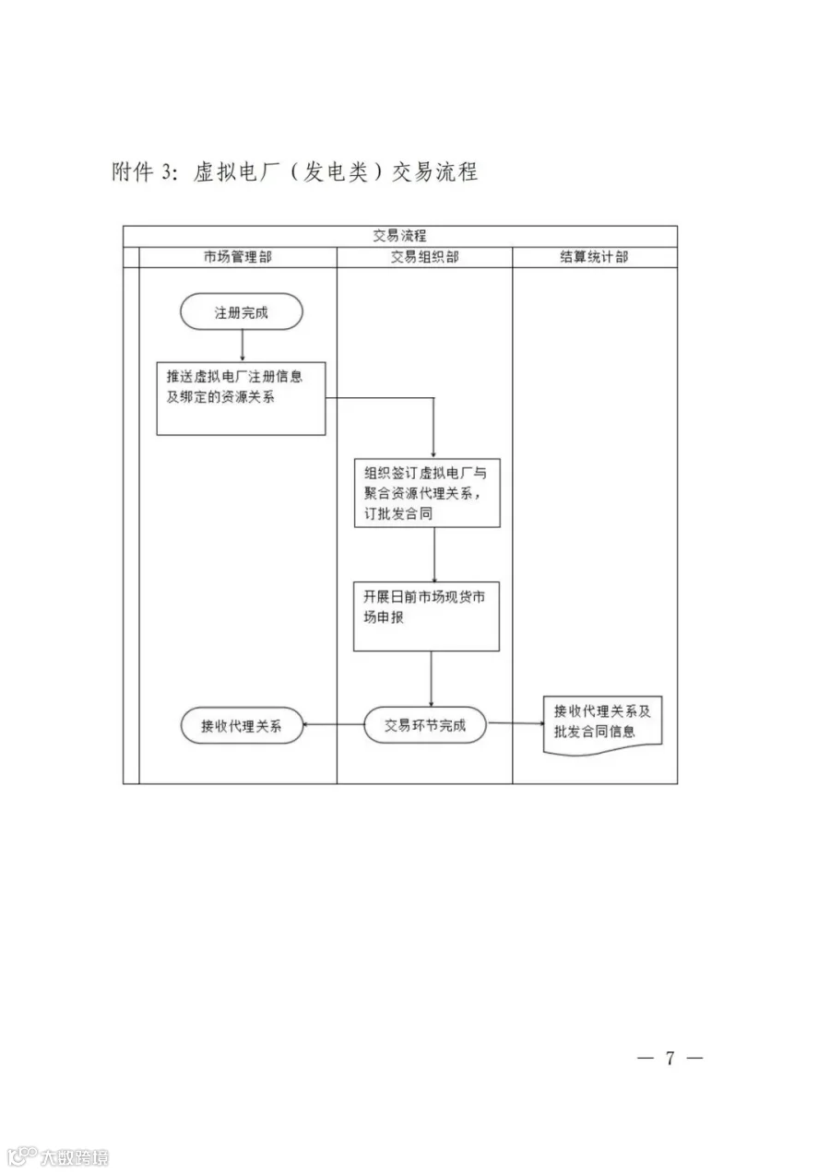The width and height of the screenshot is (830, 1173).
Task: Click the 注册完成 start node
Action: pyautogui.click(x=241, y=311)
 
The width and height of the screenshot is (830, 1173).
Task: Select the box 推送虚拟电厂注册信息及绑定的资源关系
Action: pyautogui.click(x=241, y=398)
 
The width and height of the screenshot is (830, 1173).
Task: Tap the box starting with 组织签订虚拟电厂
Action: pyautogui.click(x=427, y=493)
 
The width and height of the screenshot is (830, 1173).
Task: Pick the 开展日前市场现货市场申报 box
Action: pyautogui.click(x=426, y=616)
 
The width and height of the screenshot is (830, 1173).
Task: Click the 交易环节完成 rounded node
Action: pyautogui.click(x=425, y=725)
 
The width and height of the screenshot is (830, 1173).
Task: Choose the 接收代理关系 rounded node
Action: pyautogui.click(x=242, y=725)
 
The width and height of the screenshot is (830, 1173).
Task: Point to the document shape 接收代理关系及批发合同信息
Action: pyautogui.click(x=602, y=725)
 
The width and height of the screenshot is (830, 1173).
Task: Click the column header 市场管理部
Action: pyautogui.click(x=238, y=257)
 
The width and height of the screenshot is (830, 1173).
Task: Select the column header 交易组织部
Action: pyautogui.click(x=424, y=257)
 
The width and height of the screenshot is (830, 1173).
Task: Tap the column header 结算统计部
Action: pyautogui.click(x=594, y=257)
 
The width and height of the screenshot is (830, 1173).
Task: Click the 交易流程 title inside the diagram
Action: pyautogui.click(x=400, y=236)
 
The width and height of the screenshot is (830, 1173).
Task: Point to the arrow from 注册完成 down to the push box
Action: pyautogui.click(x=242, y=346)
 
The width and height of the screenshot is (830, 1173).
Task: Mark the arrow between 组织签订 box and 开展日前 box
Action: pyautogui.click(x=433, y=555)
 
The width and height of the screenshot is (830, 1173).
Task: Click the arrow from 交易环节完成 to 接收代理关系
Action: pyautogui.click(x=333, y=725)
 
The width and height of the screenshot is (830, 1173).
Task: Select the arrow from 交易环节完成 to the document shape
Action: pyautogui.click(x=516, y=723)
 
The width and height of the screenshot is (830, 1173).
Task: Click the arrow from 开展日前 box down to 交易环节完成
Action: pyautogui.click(x=432, y=679)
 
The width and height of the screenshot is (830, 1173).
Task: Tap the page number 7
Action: pyautogui.click(x=670, y=1058)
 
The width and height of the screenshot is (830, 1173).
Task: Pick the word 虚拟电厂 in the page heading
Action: pyautogui.click(x=236, y=171)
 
